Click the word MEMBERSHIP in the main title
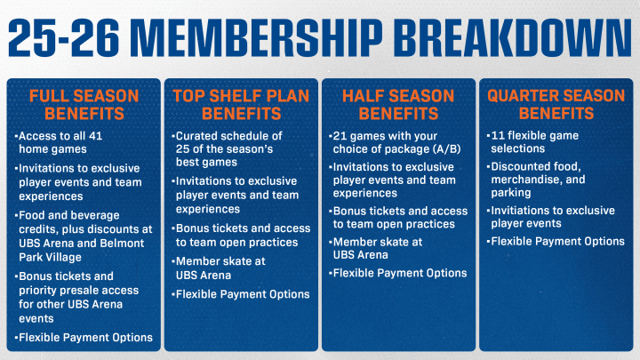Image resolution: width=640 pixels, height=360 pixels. pyautogui.click(x=259, y=37)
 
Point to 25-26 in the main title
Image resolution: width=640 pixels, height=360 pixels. pyautogui.click(x=64, y=37)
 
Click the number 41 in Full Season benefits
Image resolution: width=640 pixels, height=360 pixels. pyautogui.click(x=95, y=136)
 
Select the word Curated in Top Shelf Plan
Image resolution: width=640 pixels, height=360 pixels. pyautogui.click(x=195, y=136)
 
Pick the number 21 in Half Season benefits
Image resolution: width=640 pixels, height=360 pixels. pyautogui.click(x=340, y=136)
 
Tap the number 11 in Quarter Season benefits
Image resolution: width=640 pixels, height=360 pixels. pyautogui.click(x=498, y=135)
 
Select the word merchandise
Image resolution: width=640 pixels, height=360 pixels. pyautogui.click(x=527, y=180)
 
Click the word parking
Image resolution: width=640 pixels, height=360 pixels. pyautogui.click(x=511, y=193)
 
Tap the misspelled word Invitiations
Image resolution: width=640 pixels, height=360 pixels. pyautogui.click(x=516, y=211)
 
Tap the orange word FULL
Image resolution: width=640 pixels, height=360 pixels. pyautogui.click(x=45, y=96)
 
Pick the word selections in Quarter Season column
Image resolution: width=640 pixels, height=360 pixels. pyautogui.click(x=518, y=148)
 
